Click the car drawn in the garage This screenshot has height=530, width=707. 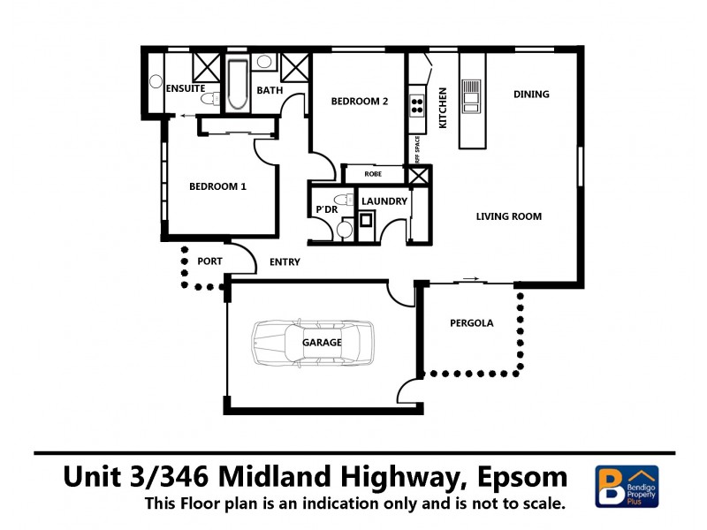click(312, 343)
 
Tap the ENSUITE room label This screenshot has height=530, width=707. click(185, 89)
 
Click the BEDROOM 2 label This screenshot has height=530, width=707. click(360, 102)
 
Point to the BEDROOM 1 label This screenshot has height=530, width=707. click(217, 186)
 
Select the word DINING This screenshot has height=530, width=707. click(531, 95)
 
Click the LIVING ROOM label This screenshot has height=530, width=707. click(508, 216)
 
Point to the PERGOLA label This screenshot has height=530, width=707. click(471, 323)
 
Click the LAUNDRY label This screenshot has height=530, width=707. click(384, 201)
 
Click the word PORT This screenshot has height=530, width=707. click(209, 261)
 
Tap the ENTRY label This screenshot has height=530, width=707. click(284, 262)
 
